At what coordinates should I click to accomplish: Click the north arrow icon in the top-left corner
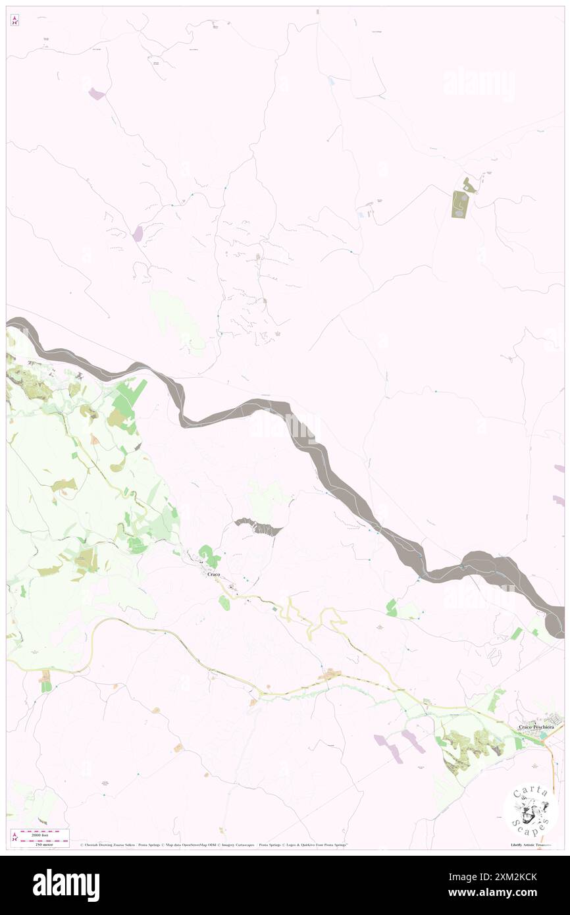click(x=14, y=21)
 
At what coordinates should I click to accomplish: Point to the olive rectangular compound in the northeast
click(x=459, y=204)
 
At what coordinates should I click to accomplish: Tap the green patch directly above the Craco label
click(x=209, y=556)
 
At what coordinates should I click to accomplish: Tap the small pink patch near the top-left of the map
click(x=97, y=94)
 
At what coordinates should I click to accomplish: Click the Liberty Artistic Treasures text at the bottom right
click(x=530, y=845)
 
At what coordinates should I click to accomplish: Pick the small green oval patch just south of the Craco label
click(x=224, y=602)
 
